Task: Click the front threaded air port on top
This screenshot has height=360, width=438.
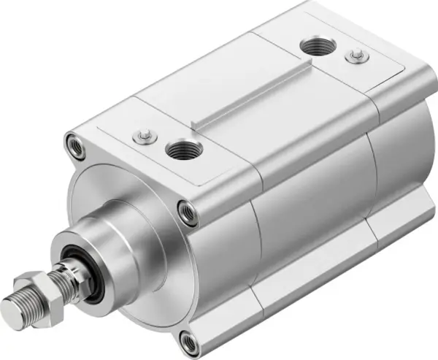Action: (x=180, y=151)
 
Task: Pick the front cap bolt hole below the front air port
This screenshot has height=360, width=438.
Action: (x=188, y=211)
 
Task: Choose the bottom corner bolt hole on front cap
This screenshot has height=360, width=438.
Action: (x=189, y=340)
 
